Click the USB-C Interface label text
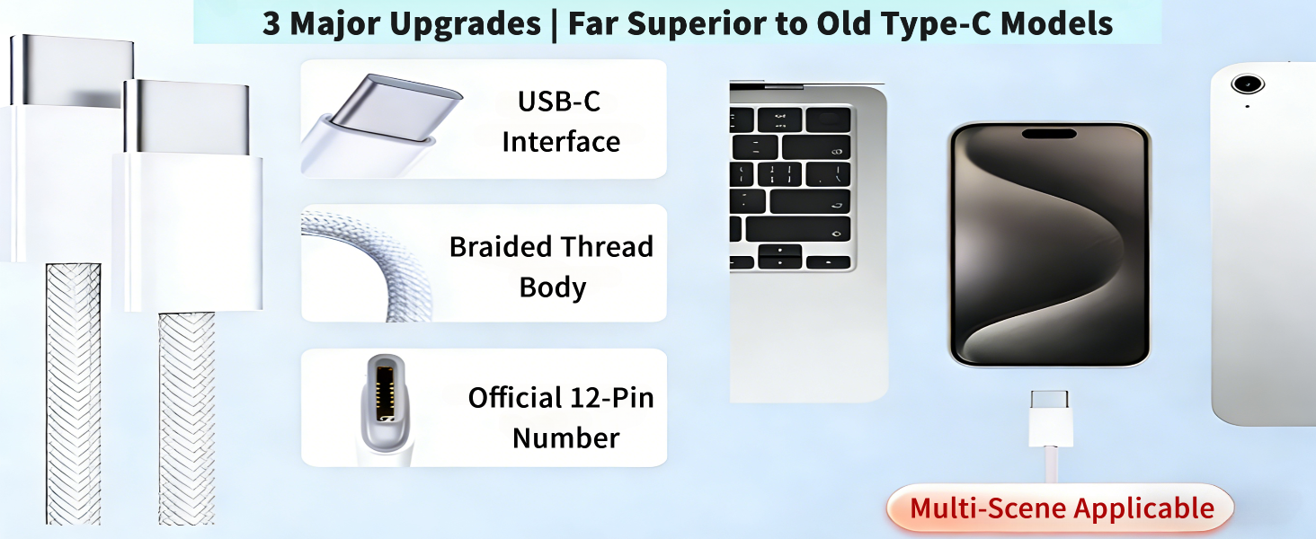point(560,121)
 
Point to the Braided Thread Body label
point(551,267)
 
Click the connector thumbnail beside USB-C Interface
point(382,119)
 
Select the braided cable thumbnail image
point(351,262)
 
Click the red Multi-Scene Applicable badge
point(1061,508)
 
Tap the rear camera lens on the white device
point(1247,84)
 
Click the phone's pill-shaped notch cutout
point(1049,134)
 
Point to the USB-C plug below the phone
point(1050,419)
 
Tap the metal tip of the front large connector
point(186,118)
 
